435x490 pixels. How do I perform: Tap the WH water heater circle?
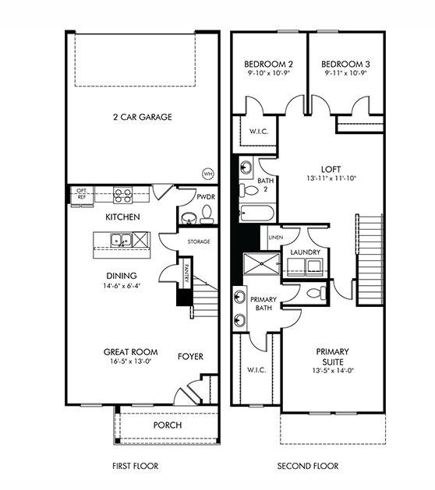[x=207, y=173]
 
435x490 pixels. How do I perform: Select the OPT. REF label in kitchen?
[x=81, y=193]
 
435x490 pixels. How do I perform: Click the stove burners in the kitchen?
[x=122, y=194]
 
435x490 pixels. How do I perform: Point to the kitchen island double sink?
[x=120, y=240]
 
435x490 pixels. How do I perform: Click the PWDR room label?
[x=207, y=198]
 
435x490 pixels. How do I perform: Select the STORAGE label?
[x=199, y=242]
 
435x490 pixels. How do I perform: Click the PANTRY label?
[x=187, y=273]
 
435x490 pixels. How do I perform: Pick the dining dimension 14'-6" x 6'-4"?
[x=121, y=285]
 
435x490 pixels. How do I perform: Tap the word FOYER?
[x=189, y=357]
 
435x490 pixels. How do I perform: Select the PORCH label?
[x=168, y=425]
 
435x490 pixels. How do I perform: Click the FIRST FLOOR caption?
[x=136, y=467]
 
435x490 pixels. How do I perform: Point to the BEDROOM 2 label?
[x=268, y=64]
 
